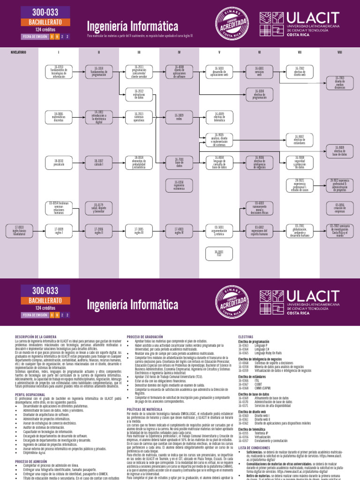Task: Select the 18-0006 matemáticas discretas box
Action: (59, 117)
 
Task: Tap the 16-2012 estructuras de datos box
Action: (139, 94)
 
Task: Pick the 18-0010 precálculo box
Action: (59, 162)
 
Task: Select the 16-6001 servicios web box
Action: (259, 71)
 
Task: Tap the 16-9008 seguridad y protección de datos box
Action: (300, 162)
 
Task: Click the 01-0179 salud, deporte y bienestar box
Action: (99, 207)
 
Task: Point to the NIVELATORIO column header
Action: (18, 52)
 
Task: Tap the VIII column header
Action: (339, 52)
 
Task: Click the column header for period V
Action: (219, 52)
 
